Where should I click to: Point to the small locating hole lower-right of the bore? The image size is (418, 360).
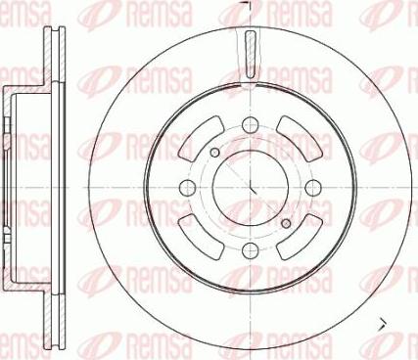tap(285, 223)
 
